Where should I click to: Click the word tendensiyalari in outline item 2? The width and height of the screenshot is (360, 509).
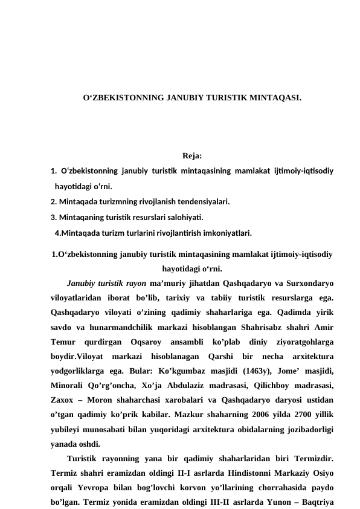(202, 201)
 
